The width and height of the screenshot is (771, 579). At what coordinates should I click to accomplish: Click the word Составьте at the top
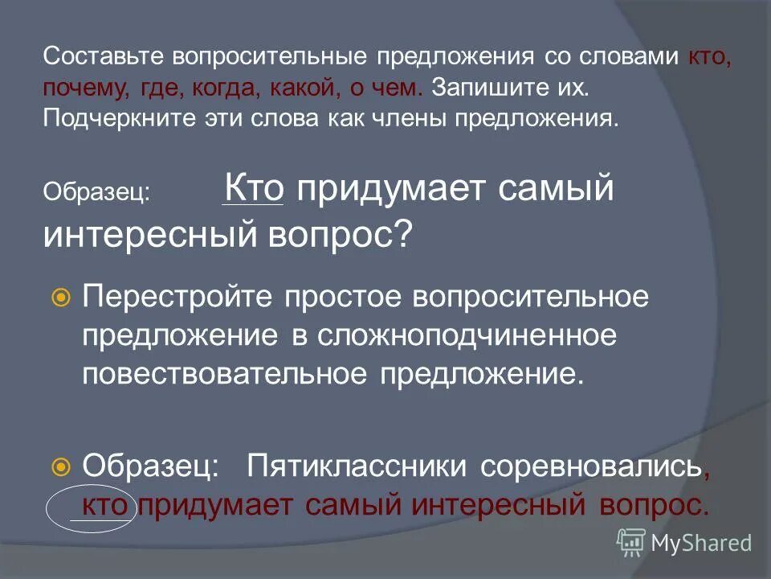[94, 57]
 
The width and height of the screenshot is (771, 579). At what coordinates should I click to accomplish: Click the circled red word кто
[108, 505]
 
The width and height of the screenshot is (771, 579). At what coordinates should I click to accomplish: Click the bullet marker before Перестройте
[60, 298]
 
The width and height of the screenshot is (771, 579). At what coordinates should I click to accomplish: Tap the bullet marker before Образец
[60, 466]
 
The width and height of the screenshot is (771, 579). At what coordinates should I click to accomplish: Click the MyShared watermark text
[700, 544]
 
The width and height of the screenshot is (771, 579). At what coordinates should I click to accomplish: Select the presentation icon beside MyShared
[631, 543]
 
